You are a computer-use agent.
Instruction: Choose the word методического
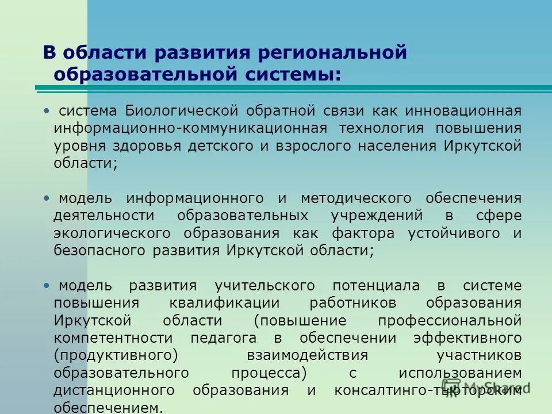[x=356, y=198]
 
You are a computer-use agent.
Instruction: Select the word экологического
[x=113, y=233]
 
